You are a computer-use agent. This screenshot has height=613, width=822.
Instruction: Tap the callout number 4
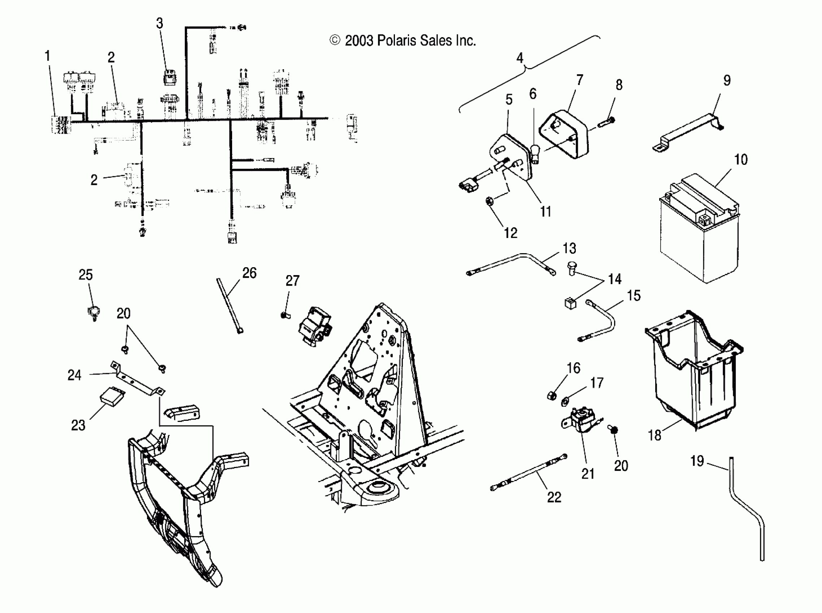coord(519,58)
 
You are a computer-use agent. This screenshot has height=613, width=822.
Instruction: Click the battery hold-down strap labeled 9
coord(687,131)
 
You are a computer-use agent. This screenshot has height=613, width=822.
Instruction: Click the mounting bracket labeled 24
coord(138,380)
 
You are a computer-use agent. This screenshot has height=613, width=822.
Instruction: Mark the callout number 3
coord(159,23)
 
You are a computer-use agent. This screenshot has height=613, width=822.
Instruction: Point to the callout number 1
coord(47,56)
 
